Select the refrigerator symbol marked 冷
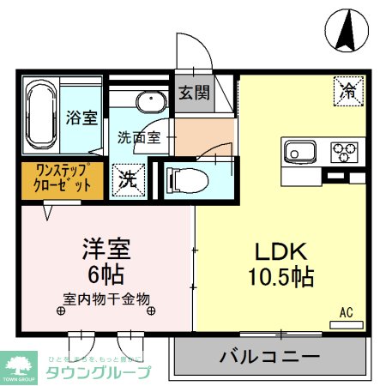[347, 89]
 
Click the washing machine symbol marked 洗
[127, 180]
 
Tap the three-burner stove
[345, 154]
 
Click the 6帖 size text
[106, 275]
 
